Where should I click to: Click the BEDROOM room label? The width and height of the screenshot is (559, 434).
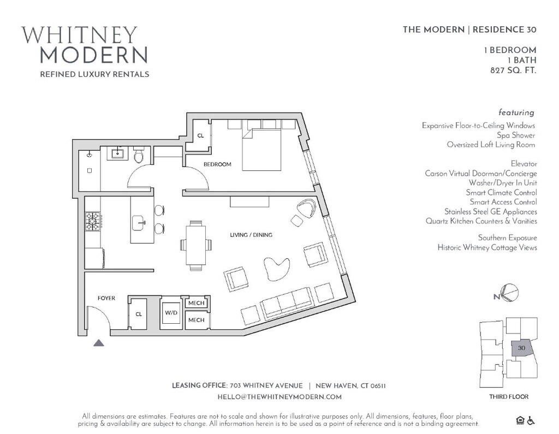(217, 164)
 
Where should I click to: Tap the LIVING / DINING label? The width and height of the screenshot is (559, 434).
(251, 235)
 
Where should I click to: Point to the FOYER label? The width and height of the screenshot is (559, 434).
(106, 298)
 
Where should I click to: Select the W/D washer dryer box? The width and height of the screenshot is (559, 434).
(171, 313)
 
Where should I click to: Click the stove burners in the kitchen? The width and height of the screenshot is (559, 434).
(92, 222)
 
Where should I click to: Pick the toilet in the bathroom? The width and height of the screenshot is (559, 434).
(138, 155)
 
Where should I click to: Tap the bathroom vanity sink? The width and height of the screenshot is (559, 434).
(117, 154)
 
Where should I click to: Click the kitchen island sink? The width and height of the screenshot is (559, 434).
(139, 223)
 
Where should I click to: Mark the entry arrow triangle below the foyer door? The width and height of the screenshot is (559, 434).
(99, 343)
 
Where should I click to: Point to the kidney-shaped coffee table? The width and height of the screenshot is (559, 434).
(276, 268)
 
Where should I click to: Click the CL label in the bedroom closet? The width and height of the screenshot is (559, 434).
(200, 135)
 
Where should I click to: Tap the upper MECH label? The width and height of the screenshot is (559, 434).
(196, 303)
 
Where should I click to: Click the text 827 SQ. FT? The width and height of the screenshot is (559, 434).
(513, 70)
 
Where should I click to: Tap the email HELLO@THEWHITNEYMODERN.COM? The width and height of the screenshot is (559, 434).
(279, 397)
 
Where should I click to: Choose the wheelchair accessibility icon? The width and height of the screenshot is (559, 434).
(531, 421)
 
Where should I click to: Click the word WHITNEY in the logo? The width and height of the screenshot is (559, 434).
(80, 35)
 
